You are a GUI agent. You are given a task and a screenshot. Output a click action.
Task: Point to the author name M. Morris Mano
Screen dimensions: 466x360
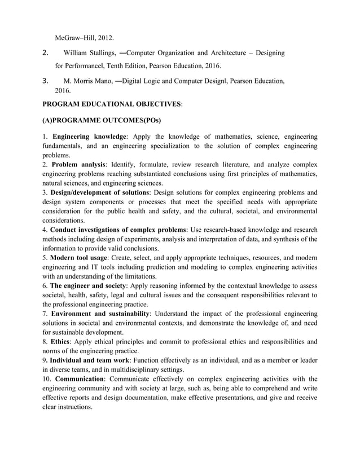coord(87,81)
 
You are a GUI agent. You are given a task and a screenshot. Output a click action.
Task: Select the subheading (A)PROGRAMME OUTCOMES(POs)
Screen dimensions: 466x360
coord(102,121)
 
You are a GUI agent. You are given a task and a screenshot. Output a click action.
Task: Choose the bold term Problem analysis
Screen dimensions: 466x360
coord(79,165)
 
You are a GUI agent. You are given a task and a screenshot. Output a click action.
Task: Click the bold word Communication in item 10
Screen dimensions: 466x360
coord(84,379)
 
